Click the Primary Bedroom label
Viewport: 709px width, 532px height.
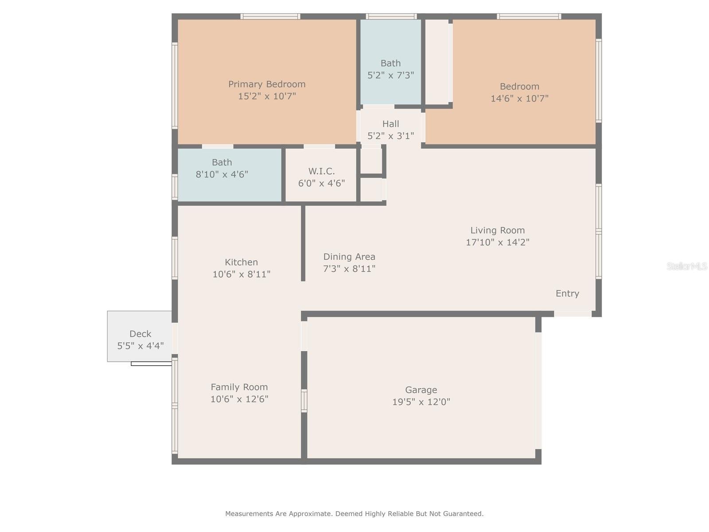[267, 84]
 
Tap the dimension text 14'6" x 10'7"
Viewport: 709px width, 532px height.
[519, 98]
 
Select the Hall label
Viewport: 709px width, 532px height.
[390, 124]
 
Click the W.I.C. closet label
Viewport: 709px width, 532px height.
[321, 171]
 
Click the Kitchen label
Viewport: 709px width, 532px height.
[241, 262]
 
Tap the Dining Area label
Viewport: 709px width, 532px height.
[349, 257]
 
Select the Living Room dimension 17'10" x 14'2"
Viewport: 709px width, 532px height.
[497, 242]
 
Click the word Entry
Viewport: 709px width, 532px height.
[567, 293]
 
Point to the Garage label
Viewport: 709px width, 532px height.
[421, 390]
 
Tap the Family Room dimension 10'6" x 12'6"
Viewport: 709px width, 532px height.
[239, 399]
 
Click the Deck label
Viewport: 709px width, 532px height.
[140, 334]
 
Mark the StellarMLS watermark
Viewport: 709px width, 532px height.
[686, 266]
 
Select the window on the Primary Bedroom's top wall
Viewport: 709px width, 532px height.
[270, 16]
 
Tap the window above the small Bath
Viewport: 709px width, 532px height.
[391, 16]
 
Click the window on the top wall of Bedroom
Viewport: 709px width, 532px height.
[529, 16]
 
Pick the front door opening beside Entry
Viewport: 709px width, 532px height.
[573, 314]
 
